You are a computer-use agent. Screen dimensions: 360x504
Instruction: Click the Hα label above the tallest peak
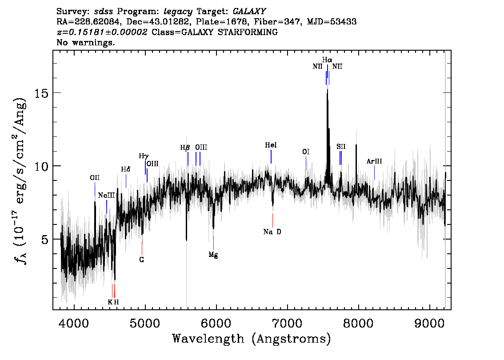tap(327, 60)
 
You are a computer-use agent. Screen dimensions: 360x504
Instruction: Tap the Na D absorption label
tap(272, 232)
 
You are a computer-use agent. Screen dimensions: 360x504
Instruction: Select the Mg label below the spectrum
tap(213, 255)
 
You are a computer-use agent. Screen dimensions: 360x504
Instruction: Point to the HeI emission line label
tap(271, 145)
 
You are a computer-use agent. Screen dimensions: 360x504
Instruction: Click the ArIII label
tap(374, 161)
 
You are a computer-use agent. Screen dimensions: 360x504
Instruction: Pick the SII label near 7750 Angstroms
tap(341, 146)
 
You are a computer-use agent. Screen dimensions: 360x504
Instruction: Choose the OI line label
tap(306, 152)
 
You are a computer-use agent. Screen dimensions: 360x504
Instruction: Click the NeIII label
tap(107, 196)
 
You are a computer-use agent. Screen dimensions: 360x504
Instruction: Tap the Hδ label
tap(126, 169)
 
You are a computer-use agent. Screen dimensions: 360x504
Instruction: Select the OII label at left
tap(95, 178)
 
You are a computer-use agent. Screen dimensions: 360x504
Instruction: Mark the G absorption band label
tap(142, 259)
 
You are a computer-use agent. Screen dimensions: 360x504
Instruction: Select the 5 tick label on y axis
tap(44, 239)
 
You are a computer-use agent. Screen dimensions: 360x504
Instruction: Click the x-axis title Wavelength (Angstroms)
tap(252, 339)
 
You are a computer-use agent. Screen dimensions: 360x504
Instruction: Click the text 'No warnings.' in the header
tap(86, 43)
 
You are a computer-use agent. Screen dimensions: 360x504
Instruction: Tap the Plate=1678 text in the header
tap(246, 22)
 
